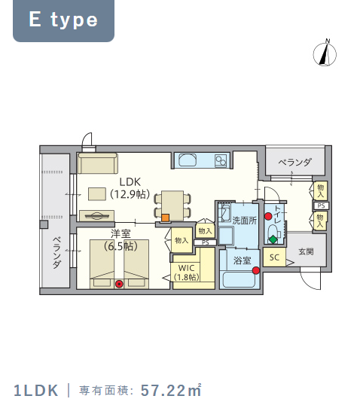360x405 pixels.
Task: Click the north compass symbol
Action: click(x=325, y=53)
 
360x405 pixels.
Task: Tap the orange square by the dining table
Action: click(x=166, y=218)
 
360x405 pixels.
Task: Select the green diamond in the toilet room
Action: click(x=273, y=239)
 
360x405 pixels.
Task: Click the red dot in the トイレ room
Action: click(x=268, y=216)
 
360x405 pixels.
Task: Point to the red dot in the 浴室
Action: click(x=256, y=270)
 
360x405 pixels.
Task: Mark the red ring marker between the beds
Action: click(x=119, y=284)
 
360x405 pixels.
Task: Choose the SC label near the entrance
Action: click(x=274, y=257)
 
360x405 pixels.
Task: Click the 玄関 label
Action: click(x=307, y=251)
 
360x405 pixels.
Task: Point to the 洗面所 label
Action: click(x=245, y=221)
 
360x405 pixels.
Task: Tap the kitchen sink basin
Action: click(x=188, y=160)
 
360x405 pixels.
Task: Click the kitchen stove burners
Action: click(x=221, y=160)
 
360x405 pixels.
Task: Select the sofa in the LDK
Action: click(x=98, y=163)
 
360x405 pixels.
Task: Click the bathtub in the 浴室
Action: click(x=239, y=279)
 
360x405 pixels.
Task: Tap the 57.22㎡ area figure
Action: click(x=171, y=391)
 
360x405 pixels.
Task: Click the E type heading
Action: click(x=63, y=20)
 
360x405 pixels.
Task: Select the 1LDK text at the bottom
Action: click(x=36, y=391)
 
